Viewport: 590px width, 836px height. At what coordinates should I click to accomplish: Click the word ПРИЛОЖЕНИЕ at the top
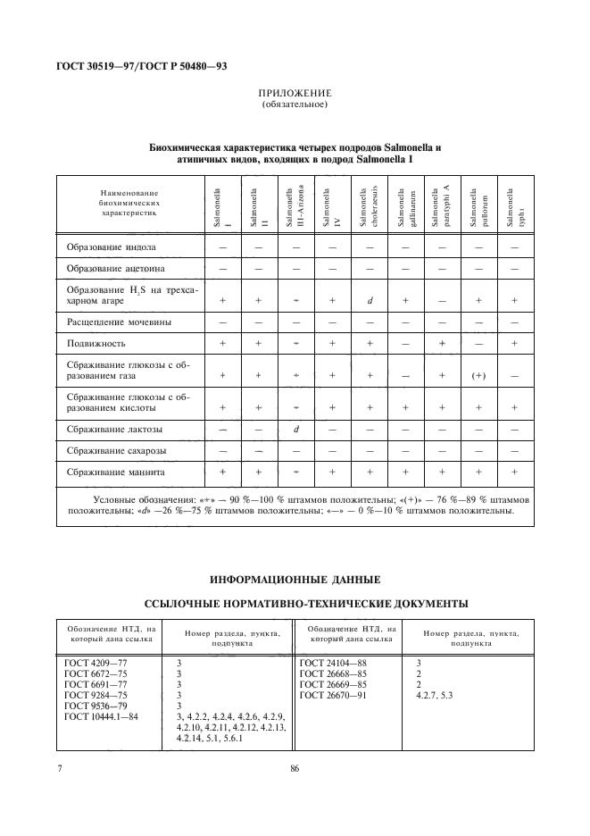295,93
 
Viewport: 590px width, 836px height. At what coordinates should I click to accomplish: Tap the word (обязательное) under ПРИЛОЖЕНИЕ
295,104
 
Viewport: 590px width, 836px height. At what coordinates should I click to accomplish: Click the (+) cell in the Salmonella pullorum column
478,375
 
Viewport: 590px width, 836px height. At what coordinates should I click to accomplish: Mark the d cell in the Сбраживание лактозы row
295,430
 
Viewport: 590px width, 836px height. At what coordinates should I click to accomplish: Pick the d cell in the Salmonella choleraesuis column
369,300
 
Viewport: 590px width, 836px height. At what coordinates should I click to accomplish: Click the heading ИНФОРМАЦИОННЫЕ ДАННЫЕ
294,578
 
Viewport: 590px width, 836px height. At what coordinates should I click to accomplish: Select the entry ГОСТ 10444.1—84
101,718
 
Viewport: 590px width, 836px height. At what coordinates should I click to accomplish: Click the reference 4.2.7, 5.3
435,695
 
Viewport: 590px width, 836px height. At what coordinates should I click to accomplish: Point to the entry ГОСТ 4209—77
96,662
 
